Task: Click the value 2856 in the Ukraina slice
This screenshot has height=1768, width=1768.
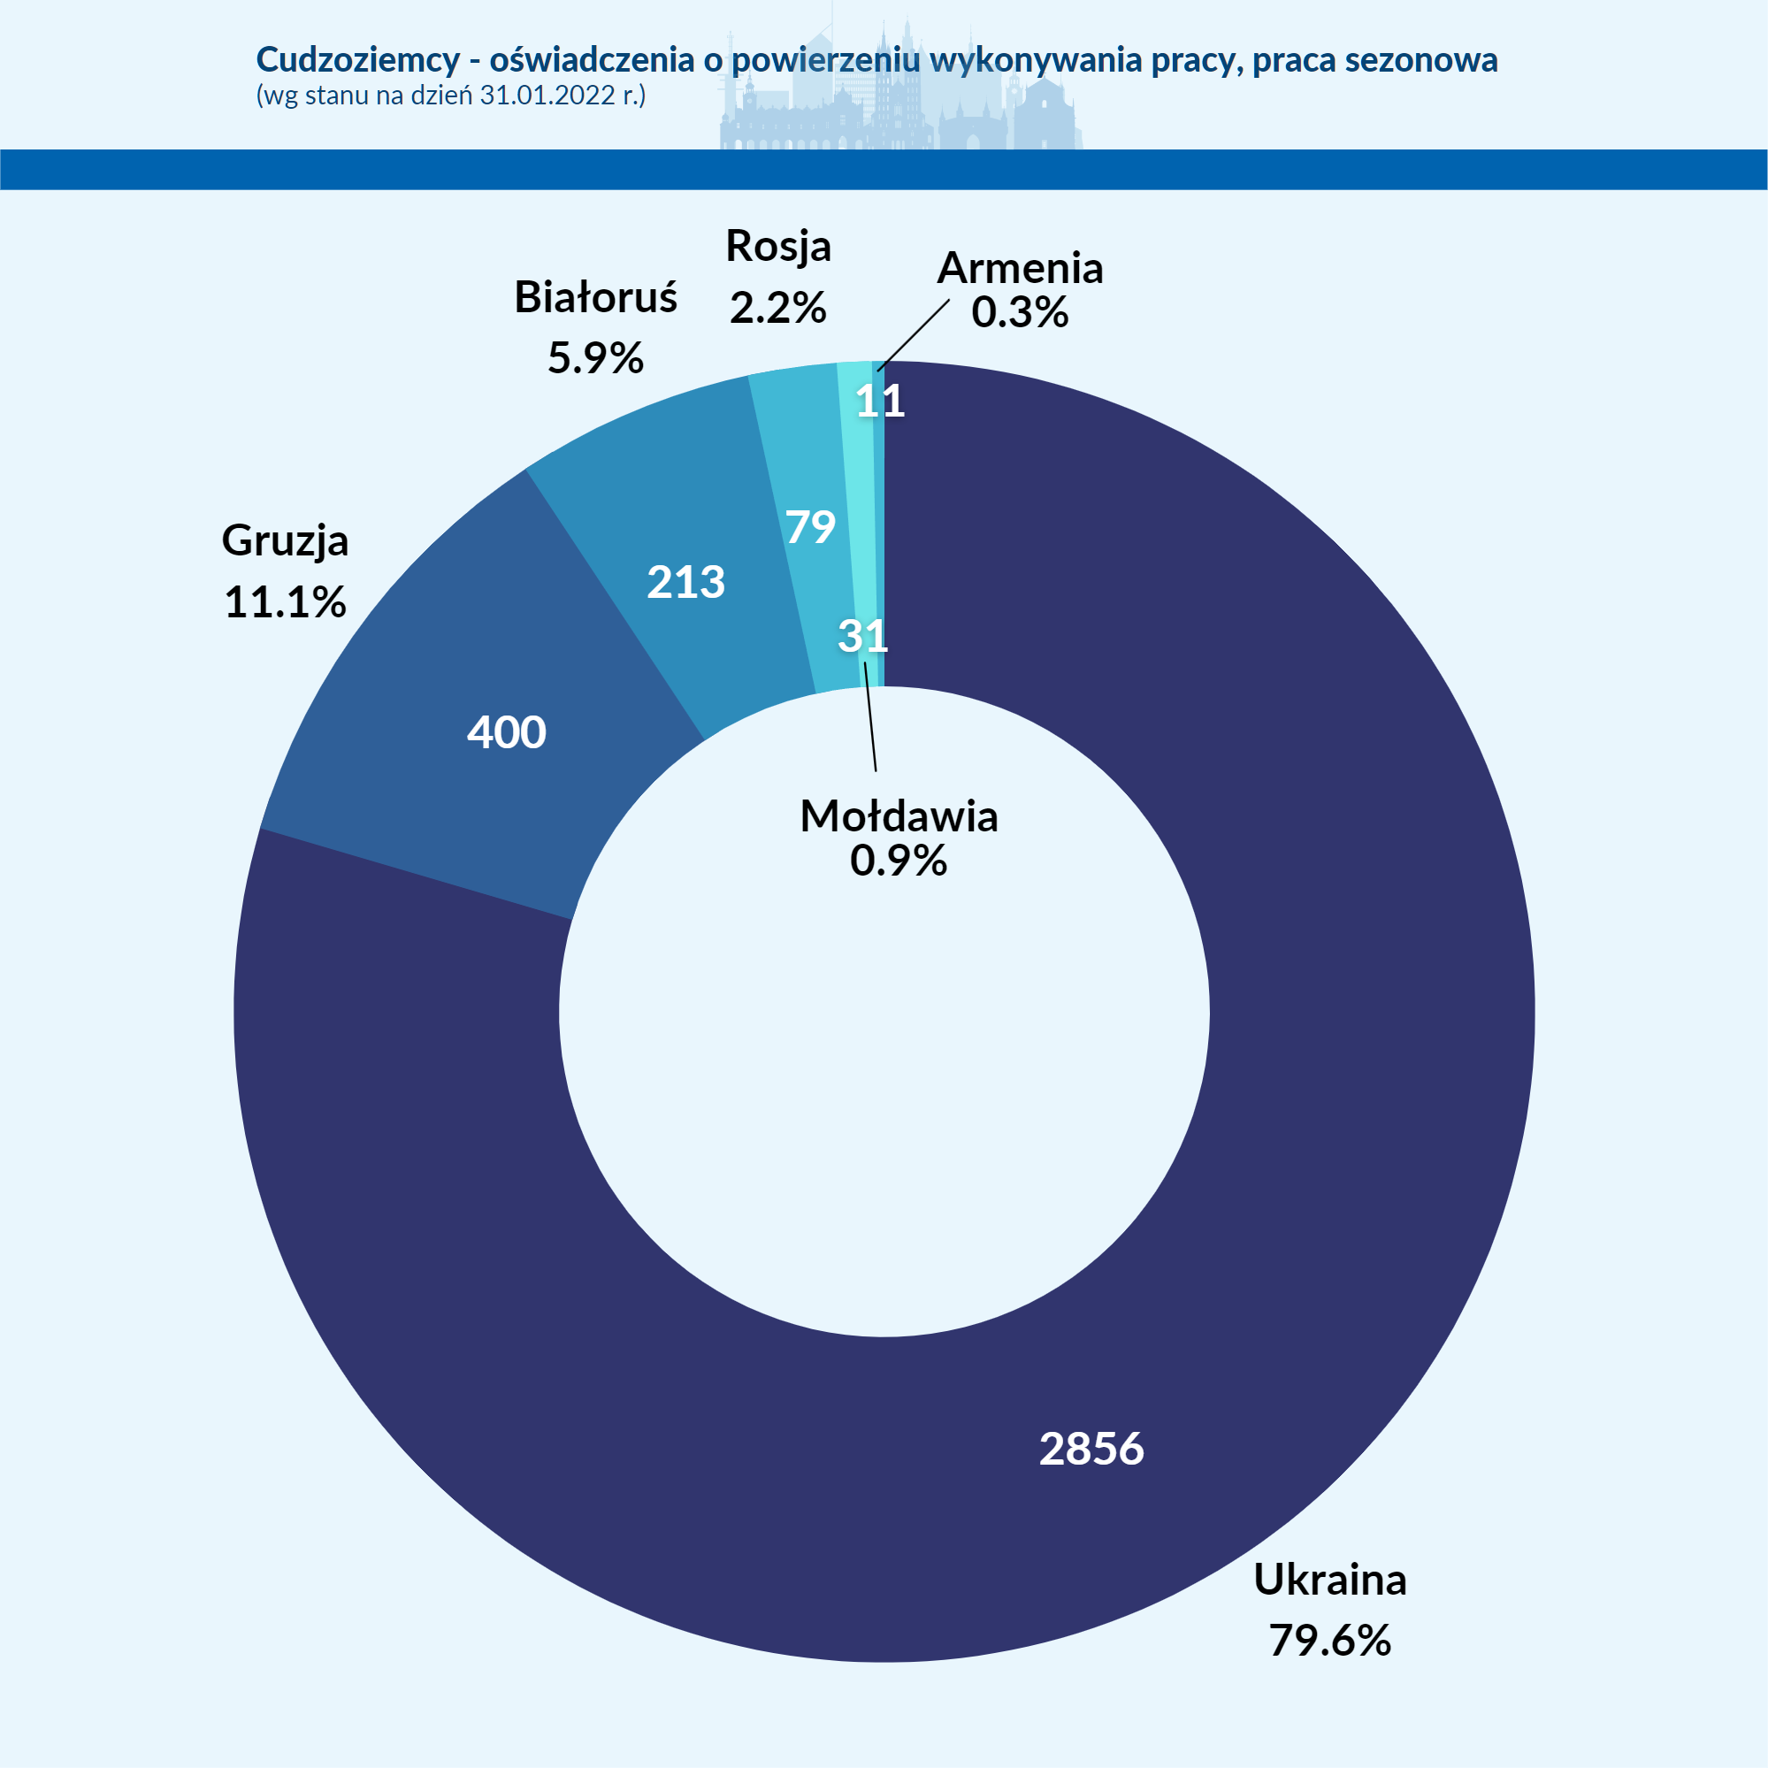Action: pos(1091,1449)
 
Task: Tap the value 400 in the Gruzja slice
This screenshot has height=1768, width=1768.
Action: pos(506,732)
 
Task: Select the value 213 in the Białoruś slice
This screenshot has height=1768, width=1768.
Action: pos(685,582)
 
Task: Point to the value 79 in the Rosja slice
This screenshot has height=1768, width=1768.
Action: pos(810,527)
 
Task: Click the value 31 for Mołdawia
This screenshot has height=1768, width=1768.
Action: pos(862,636)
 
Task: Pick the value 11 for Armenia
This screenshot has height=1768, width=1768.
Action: pos(880,401)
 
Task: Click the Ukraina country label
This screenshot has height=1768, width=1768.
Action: pos(1328,1580)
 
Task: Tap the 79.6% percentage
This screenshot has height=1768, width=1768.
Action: pos(1328,1640)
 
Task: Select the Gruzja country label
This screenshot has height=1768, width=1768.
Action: pos(285,540)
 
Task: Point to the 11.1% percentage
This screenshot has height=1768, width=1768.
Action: pos(285,602)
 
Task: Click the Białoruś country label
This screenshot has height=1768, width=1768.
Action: pos(595,296)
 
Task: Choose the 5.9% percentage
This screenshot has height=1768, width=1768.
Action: pos(595,357)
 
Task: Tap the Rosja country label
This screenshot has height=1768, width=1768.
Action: pos(777,246)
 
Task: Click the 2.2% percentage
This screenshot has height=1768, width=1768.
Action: pos(777,307)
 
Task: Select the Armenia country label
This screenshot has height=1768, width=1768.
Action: pos(1020,268)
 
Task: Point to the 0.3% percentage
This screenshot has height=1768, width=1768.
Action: pos(1020,312)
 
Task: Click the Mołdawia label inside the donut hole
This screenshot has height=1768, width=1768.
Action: pos(899,816)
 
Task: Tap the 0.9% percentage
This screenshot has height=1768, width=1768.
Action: pos(898,861)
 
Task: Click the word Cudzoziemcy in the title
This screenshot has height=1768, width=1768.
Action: pos(358,59)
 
